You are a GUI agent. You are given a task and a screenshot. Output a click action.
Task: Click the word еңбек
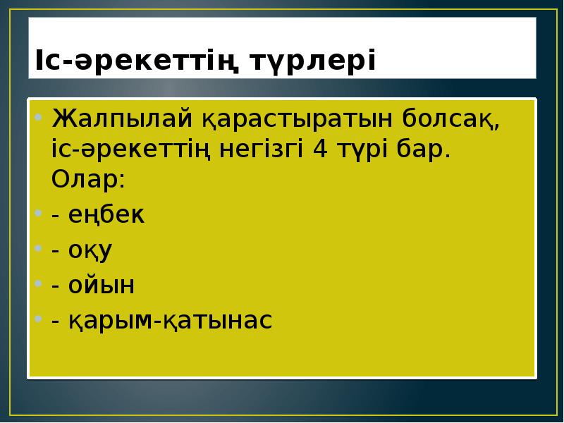click(106, 216)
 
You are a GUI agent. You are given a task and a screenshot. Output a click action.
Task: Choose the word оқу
click(91, 250)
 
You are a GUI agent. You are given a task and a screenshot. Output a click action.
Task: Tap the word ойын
click(102, 285)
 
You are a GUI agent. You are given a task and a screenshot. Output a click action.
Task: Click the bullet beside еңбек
click(39, 214)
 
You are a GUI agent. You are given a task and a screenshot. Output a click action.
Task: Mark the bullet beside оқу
click(39, 249)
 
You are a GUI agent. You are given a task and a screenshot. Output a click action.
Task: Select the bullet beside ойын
click(39, 283)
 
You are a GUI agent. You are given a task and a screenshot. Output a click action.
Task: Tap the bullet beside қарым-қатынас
click(39, 319)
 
